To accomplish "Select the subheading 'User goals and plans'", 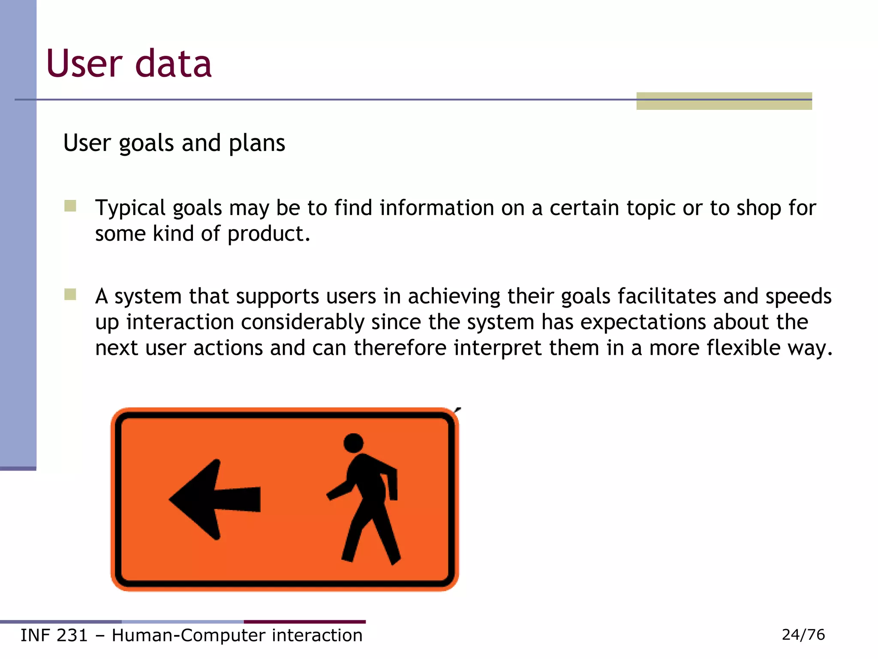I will [174, 143].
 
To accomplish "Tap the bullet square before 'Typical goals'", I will [70, 206].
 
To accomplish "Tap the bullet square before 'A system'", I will [70, 294].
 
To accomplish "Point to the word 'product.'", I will [268, 234].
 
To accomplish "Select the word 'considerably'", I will [302, 322].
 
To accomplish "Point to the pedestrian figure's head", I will [353, 443].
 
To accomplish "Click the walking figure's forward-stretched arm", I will [341, 490].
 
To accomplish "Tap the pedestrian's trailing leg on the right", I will [386, 536].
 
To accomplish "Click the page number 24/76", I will [803, 635].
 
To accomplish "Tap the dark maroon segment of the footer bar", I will [304, 621].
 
